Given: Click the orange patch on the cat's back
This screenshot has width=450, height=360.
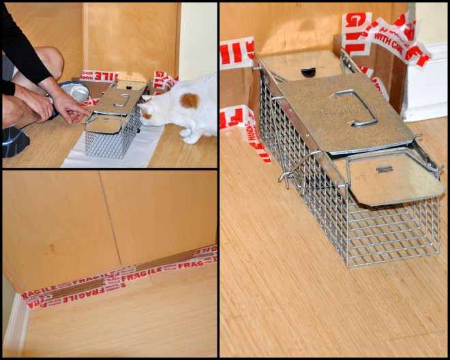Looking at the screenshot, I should click(190, 100).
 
